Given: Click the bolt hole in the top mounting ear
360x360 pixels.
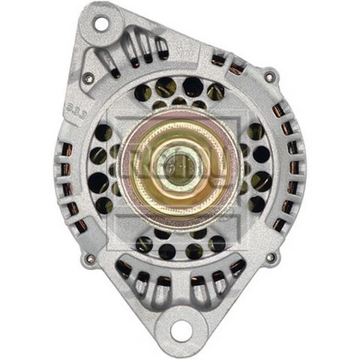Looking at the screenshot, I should [x=100, y=22].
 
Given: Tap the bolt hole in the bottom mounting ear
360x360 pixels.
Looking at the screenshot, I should [x=180, y=328].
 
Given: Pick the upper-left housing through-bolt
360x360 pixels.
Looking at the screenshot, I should [x=88, y=77].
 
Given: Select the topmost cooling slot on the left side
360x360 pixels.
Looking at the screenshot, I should [x=66, y=148].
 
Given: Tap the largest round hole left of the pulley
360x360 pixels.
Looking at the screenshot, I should [x=97, y=181].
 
